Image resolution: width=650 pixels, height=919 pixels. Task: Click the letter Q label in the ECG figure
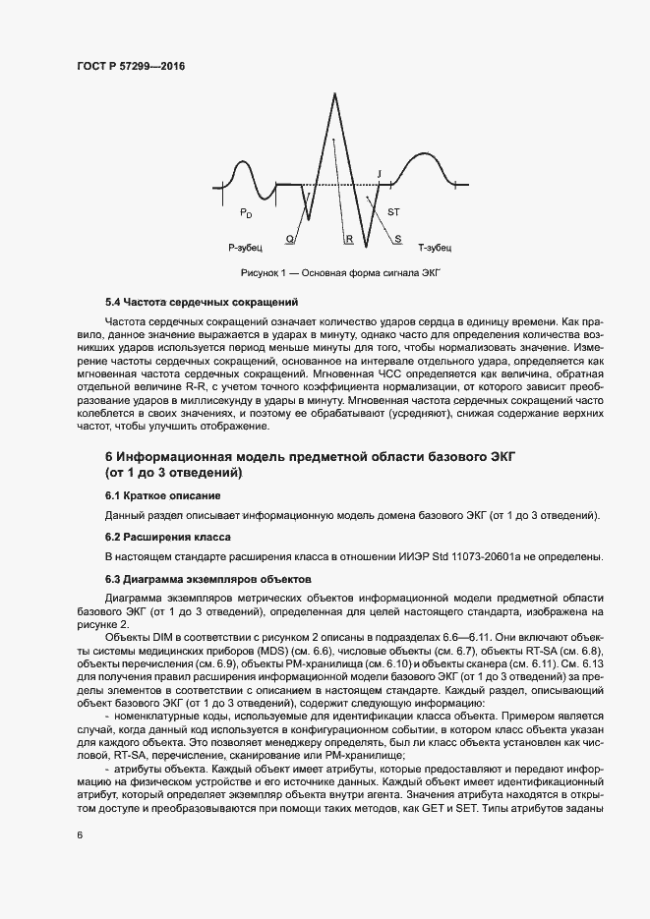tap(289, 239)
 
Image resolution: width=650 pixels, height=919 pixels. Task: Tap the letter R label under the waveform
tap(348, 239)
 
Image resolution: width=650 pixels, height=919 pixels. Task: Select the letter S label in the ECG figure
tap(397, 239)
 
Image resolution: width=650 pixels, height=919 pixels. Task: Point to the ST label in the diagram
tap(393, 212)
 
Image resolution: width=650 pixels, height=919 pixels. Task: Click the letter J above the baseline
tap(379, 174)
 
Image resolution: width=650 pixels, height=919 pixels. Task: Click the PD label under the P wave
tap(246, 212)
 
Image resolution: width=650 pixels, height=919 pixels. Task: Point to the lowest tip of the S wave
tap(365, 247)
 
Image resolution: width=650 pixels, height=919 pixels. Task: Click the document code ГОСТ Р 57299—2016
tap(131, 65)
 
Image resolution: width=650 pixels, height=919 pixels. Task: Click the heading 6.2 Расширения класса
tap(167, 538)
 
